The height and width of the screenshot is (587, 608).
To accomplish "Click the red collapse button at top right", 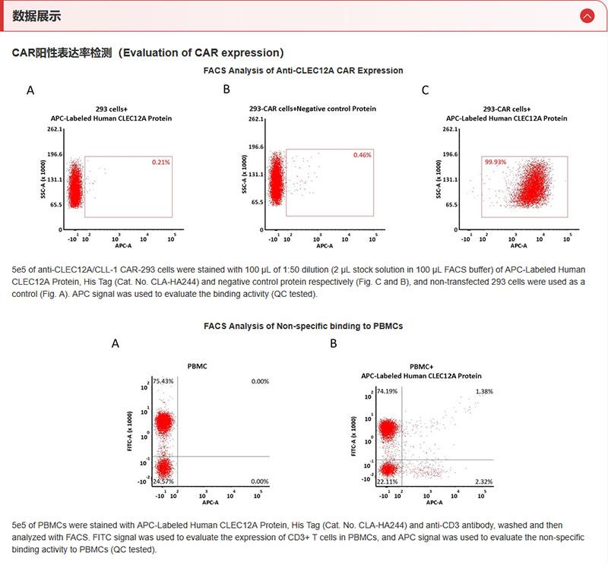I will click(x=586, y=15).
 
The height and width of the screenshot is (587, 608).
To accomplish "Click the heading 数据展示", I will click(x=36, y=16).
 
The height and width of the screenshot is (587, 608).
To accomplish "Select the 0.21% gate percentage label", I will click(x=160, y=162).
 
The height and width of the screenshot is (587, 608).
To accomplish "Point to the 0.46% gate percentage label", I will click(x=362, y=156).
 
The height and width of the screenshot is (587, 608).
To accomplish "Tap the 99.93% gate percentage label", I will click(x=495, y=162).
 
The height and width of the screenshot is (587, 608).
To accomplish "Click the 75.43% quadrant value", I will click(x=163, y=380).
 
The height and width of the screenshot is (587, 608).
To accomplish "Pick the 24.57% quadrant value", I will click(x=163, y=481).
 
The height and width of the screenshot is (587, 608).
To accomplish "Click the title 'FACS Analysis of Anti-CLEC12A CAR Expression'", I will click(x=303, y=71).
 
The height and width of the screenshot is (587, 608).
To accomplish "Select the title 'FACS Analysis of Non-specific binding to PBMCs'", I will click(x=303, y=326).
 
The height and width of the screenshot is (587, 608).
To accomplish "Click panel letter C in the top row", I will click(x=425, y=90).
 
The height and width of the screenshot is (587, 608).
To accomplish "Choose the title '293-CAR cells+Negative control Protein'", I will click(x=312, y=109).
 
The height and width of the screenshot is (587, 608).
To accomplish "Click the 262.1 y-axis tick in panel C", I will click(x=450, y=129).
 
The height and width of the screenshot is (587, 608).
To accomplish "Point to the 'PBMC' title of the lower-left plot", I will click(x=198, y=366).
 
